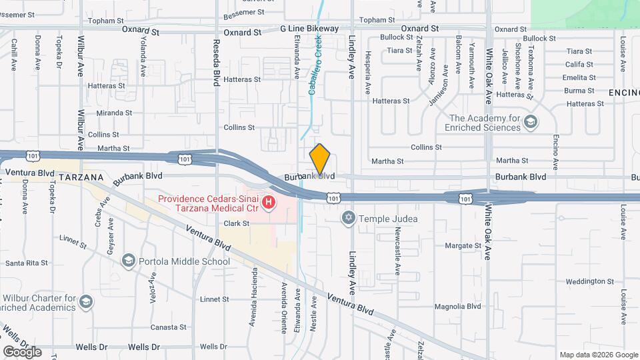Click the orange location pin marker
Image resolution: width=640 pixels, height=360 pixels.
[x=320, y=159]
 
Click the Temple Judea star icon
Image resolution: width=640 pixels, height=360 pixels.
[x=348, y=218]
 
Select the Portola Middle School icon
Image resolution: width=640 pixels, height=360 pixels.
[x=129, y=261]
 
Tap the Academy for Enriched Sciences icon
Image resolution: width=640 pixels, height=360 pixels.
[x=530, y=122]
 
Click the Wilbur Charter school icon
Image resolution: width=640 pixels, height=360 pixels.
[x=85, y=303]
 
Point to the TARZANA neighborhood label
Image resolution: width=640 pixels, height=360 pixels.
[x=81, y=177]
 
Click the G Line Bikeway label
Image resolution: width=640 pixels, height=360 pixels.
[x=309, y=29]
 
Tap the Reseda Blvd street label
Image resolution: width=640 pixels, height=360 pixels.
[x=216, y=63]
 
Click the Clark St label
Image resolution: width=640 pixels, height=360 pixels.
[x=236, y=223]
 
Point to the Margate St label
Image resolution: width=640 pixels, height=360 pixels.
[x=463, y=245]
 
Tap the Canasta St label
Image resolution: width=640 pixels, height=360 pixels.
[x=168, y=327]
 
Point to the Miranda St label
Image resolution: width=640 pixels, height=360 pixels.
[x=114, y=113]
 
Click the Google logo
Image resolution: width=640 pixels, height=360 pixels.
[x=22, y=351]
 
